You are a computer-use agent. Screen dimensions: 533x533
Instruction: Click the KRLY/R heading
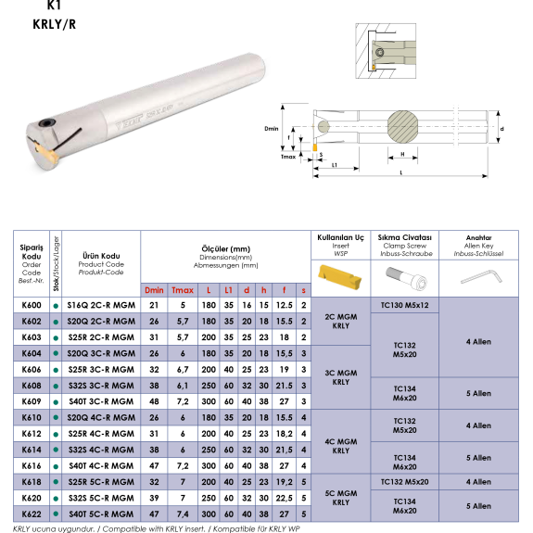click(x=55, y=24)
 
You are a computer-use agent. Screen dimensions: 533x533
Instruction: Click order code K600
click(x=32, y=305)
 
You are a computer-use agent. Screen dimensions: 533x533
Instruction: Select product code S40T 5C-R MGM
click(x=101, y=514)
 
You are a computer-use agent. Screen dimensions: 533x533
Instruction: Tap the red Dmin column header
click(x=154, y=290)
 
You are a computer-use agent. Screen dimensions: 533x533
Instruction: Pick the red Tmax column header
click(x=183, y=290)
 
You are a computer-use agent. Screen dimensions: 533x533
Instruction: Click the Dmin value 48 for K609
click(x=154, y=401)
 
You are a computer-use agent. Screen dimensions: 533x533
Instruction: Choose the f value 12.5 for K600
click(x=285, y=305)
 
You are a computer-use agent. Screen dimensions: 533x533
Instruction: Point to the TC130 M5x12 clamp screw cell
click(x=404, y=305)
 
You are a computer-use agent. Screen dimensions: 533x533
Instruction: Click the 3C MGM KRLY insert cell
click(x=340, y=377)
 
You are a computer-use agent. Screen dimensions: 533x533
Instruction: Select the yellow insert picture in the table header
click(x=339, y=277)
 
